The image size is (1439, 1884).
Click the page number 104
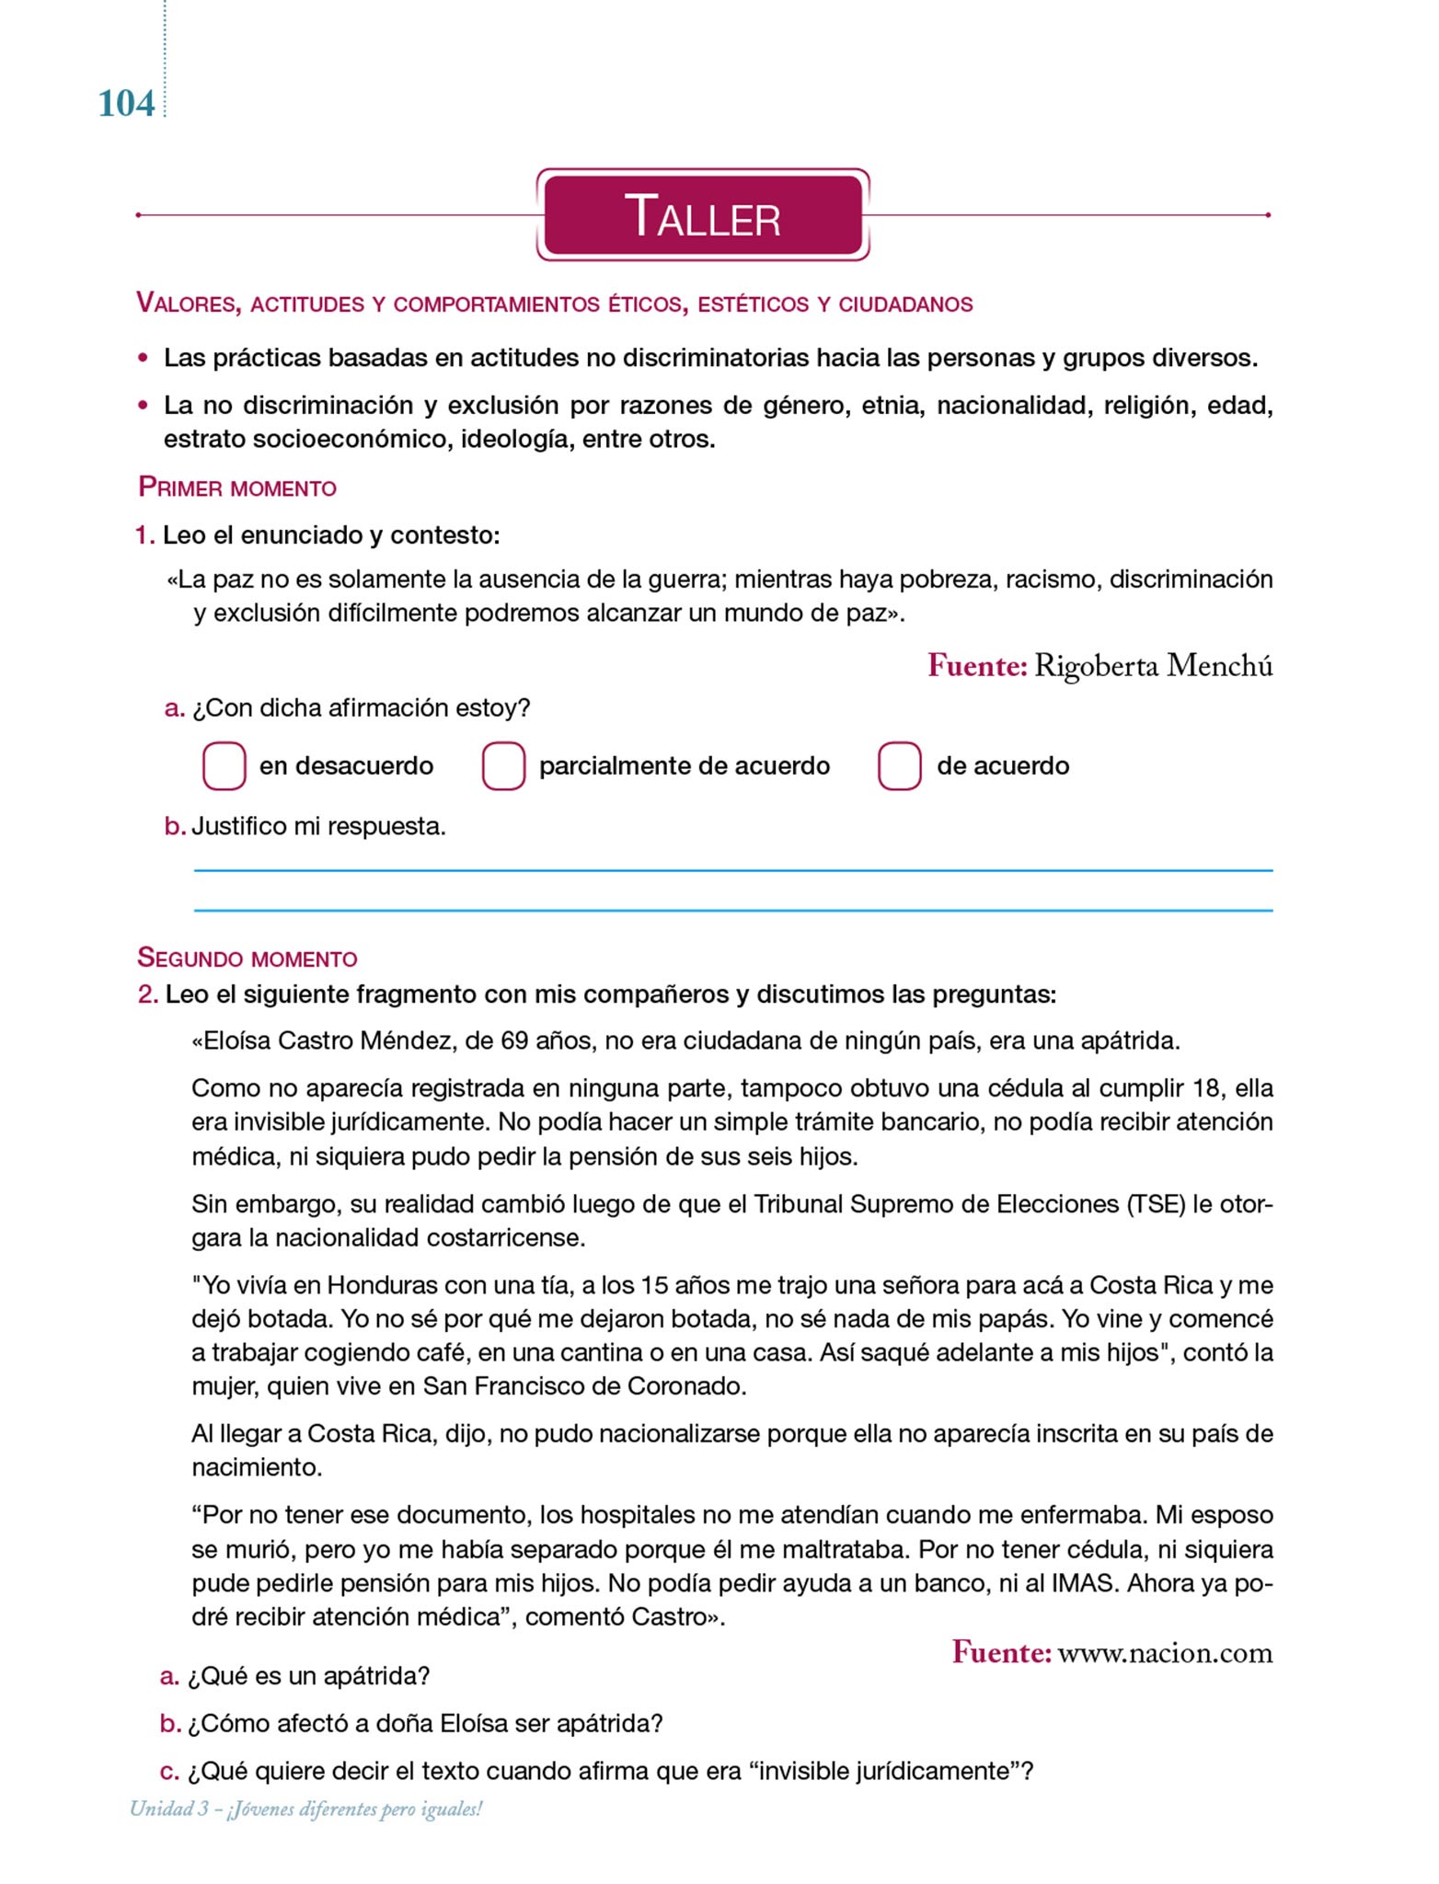(x=126, y=104)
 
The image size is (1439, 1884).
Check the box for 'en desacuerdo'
(x=224, y=766)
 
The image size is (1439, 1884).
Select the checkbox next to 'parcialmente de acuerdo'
(x=503, y=766)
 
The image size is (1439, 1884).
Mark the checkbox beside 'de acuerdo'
(x=899, y=766)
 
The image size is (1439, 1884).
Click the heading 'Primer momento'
(x=237, y=488)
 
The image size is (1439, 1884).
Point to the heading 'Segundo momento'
(x=247, y=958)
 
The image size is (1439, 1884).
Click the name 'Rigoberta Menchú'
(x=1153, y=665)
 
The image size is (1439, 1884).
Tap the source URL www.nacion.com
(x=1165, y=1653)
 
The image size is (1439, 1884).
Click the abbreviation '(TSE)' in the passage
(x=1156, y=1204)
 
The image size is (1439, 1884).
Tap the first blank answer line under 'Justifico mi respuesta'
(x=732, y=869)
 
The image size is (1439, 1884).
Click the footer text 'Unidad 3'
(x=168, y=1809)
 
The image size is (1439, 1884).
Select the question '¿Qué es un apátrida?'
(x=308, y=1676)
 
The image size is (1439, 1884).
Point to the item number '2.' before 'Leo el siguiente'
(x=148, y=994)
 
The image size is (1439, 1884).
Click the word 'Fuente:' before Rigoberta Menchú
(x=976, y=665)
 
